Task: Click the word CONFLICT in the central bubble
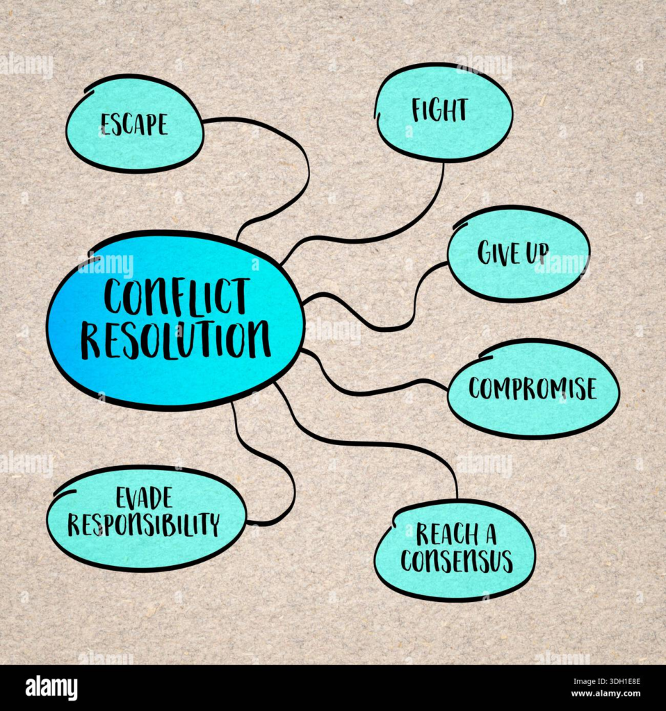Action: click(175, 296)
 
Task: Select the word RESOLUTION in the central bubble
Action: click(175, 340)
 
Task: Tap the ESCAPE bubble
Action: click(134, 124)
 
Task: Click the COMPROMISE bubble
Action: click(533, 388)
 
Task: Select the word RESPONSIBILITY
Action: click(143, 524)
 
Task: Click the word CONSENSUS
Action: click(456, 560)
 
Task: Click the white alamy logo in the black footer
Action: click(51, 687)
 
